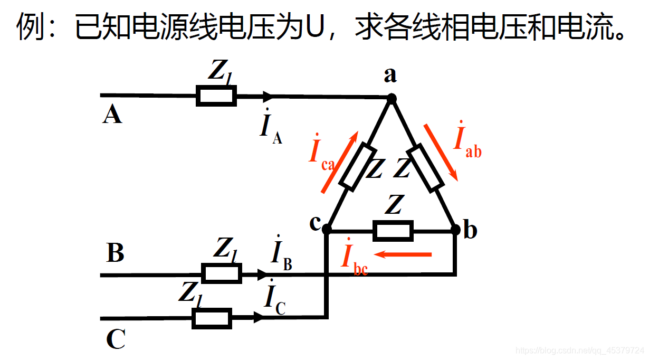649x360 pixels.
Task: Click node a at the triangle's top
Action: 392,98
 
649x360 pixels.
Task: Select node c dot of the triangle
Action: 327,230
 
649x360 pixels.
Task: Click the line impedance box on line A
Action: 216,97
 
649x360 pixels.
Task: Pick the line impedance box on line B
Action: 222,273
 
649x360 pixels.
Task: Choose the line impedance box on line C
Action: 212,318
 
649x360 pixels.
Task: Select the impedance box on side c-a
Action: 358,167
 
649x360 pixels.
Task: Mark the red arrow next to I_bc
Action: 406,255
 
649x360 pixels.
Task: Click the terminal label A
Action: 112,115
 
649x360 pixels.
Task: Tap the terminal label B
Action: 115,253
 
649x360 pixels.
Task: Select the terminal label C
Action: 116,339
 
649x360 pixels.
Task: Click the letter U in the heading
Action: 316,26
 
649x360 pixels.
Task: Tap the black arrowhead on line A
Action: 268,97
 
